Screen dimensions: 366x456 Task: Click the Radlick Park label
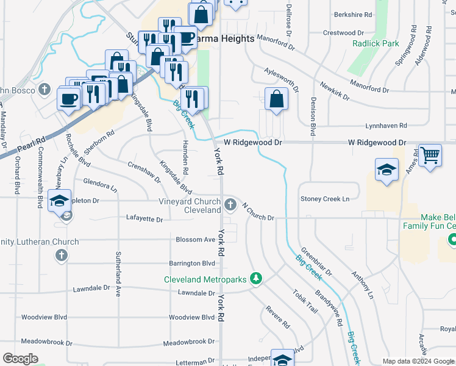click(376, 43)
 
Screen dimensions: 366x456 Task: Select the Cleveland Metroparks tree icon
click(257, 279)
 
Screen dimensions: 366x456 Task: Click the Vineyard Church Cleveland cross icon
click(230, 204)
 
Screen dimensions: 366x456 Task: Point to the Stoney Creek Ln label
click(325, 199)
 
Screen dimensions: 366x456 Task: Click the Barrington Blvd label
click(193, 264)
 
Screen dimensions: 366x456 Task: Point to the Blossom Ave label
click(195, 240)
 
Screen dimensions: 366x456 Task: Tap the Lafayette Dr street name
click(144, 218)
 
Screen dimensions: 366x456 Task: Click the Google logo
click(20, 359)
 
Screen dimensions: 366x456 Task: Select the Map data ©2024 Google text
click(418, 361)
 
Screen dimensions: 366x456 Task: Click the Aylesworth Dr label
click(281, 79)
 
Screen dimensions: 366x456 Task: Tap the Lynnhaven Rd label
click(385, 126)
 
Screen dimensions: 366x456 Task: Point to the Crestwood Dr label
click(343, 33)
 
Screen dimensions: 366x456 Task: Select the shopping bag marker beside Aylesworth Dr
click(277, 99)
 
